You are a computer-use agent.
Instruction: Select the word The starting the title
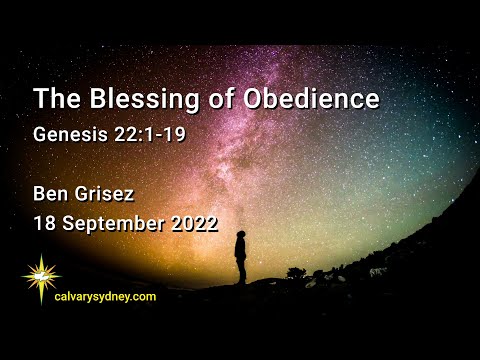[54, 100]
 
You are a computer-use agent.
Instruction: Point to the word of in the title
[212, 100]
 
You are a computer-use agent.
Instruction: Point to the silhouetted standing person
[240, 257]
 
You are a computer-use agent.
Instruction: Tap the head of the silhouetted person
[241, 235]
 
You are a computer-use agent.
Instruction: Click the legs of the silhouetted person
[240, 272]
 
